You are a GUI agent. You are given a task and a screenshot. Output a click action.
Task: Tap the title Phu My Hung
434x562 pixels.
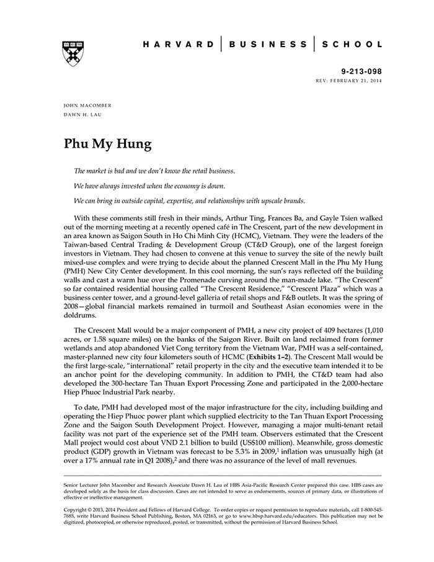[108, 144]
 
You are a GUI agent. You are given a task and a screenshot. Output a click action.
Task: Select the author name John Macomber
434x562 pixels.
[87, 106]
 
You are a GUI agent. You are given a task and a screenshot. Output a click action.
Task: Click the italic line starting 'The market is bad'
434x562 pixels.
[154, 171]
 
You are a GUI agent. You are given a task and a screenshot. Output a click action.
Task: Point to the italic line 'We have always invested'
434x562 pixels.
[149, 185]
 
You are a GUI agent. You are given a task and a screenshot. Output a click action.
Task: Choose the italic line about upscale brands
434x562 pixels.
[189, 201]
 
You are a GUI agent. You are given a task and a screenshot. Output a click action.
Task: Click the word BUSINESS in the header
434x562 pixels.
[268, 45]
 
